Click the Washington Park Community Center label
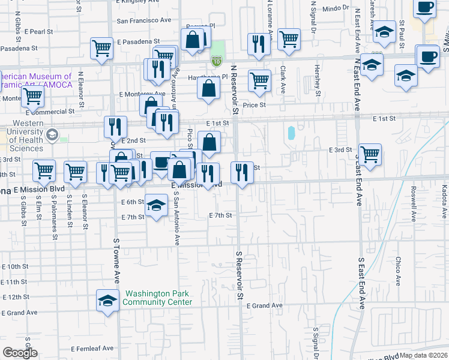coord(157,298)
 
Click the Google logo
coord(20,353)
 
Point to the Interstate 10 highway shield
coord(217,61)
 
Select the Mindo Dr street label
coord(336,8)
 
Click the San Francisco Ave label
coord(143,20)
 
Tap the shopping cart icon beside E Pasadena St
coord(102,47)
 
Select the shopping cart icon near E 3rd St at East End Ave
coord(370,154)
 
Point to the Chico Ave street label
coord(398,271)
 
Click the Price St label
coord(254,104)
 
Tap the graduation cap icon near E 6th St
coord(156,206)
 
